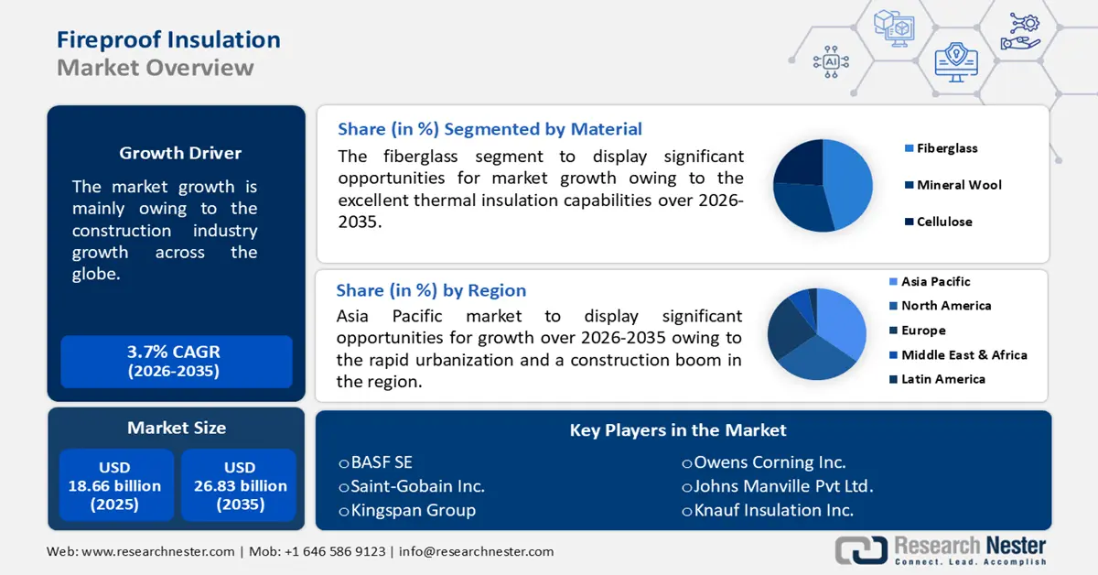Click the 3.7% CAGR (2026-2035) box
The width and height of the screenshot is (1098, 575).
click(176, 362)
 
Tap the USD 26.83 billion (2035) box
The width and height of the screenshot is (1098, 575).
click(240, 486)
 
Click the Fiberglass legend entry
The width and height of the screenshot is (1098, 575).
click(946, 148)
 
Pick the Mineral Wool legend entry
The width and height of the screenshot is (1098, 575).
click(958, 185)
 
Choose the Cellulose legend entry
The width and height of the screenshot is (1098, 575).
click(943, 222)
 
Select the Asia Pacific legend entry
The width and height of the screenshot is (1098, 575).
click(934, 282)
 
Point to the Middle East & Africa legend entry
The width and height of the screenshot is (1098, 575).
click(963, 355)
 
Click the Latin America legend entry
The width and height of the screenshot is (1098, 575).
click(942, 379)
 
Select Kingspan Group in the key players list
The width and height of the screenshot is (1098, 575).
click(412, 510)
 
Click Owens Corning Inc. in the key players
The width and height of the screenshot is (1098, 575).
click(769, 462)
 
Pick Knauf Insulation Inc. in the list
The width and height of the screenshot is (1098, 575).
click(773, 510)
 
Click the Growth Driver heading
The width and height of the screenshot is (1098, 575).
click(180, 153)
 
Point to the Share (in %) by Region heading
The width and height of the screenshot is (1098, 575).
click(431, 290)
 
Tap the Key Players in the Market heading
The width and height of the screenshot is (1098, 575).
click(677, 429)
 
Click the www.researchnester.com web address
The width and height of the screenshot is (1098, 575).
click(156, 551)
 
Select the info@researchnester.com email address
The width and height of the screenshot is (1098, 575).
click(476, 551)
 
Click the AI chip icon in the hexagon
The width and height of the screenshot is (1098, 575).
click(831, 61)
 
